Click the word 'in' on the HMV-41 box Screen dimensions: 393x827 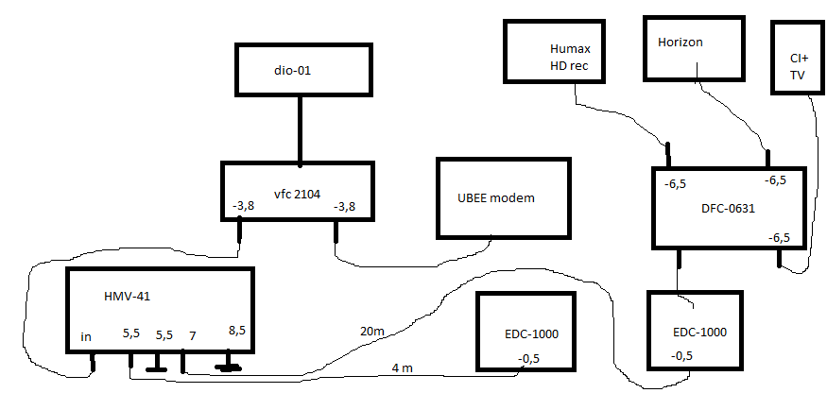tap(86, 335)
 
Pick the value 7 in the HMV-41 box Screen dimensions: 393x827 tap(193, 335)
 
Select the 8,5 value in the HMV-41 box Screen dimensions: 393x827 tap(236, 332)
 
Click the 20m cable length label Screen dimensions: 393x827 tap(371, 331)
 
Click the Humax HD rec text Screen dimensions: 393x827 tap(569, 57)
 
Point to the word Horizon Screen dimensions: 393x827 tap(681, 43)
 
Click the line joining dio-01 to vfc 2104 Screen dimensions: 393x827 tap(301, 128)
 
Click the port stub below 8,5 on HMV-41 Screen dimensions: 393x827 tap(229, 363)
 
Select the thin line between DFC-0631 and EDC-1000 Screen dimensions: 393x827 tap(678, 277)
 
